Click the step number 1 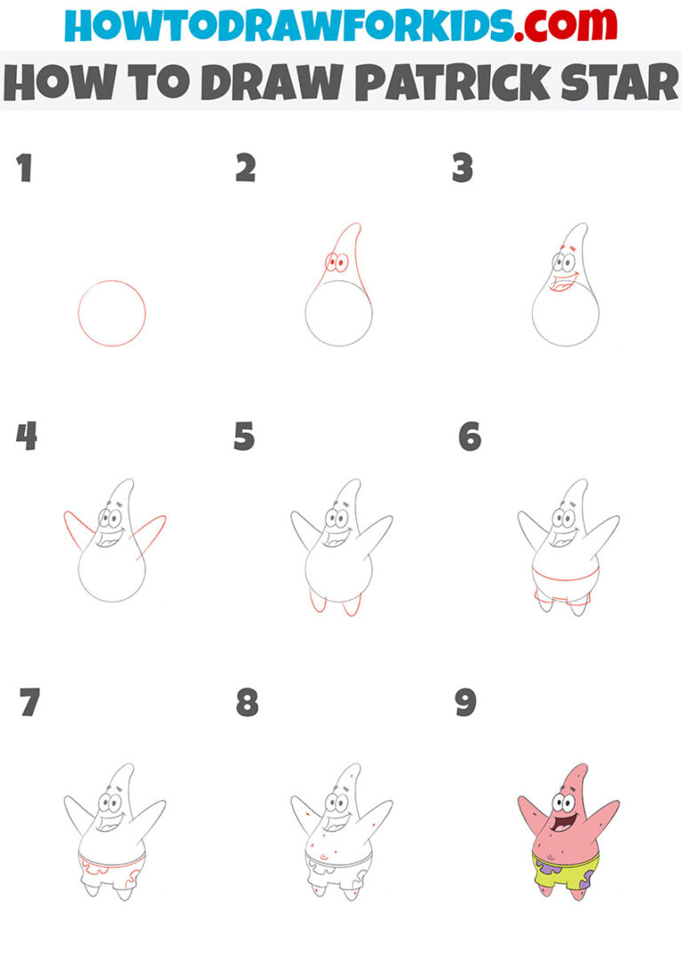(x=25, y=169)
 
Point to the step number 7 (x=29, y=703)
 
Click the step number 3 (x=463, y=169)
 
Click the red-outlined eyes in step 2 (x=336, y=263)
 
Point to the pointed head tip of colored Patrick (x=579, y=767)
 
